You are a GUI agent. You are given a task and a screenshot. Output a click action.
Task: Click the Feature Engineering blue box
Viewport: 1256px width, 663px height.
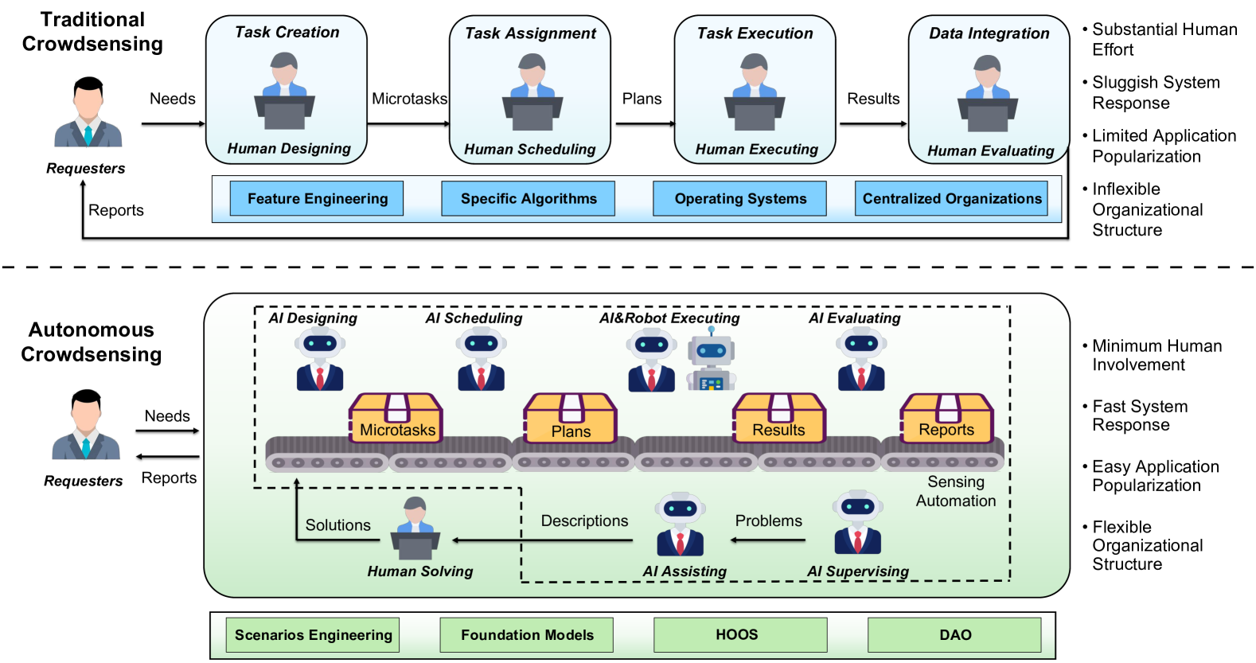(317, 198)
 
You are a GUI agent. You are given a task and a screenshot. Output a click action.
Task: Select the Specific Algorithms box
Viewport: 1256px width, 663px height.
(529, 198)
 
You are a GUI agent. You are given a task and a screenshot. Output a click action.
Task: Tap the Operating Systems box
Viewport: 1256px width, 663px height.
(740, 198)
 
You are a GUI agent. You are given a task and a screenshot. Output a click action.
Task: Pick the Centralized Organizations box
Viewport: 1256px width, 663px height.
(952, 198)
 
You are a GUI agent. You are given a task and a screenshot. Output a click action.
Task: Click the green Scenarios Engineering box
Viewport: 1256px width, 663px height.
(313, 635)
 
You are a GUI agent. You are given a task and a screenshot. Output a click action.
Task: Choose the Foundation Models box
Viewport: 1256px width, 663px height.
(527, 635)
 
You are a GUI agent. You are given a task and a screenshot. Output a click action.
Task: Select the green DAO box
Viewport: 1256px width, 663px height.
(954, 635)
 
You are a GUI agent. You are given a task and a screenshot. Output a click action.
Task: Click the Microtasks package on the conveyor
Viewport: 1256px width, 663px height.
(396, 419)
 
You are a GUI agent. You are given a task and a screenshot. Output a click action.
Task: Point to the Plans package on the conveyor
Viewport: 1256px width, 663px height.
(570, 419)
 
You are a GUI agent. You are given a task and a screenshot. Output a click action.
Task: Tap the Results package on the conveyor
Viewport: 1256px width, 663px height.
(778, 419)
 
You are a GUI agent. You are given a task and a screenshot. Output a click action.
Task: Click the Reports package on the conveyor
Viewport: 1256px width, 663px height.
(946, 419)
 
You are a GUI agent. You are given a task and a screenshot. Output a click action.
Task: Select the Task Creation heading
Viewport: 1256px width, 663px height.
(287, 33)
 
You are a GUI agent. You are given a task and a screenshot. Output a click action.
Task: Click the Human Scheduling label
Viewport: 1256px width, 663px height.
(529, 150)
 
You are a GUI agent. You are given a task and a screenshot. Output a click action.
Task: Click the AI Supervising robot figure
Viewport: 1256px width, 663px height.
(857, 523)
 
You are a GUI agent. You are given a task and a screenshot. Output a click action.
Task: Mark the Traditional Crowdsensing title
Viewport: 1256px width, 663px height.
(92, 32)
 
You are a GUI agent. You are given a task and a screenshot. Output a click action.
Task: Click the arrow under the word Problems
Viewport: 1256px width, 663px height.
(768, 540)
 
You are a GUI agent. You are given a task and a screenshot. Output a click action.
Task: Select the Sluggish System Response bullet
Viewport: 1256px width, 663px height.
(1155, 93)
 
